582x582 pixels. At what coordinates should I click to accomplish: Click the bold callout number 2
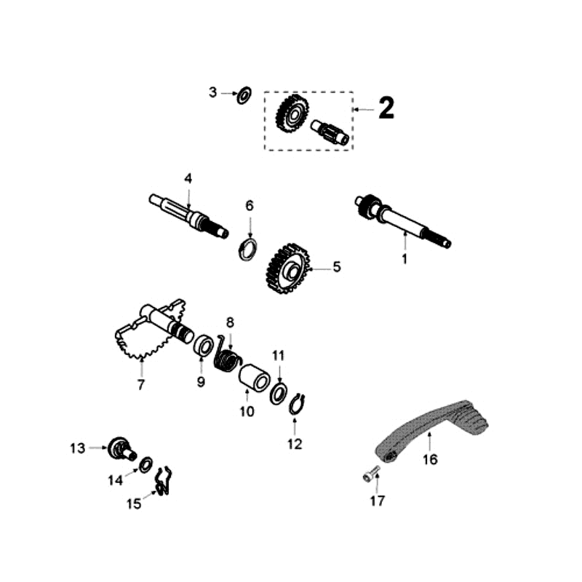pyautogui.click(x=386, y=109)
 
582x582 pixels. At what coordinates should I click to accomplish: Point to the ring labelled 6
pyautogui.click(x=249, y=248)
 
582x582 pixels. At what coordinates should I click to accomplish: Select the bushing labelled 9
pyautogui.click(x=202, y=343)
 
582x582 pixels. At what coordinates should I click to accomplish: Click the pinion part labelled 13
pyautogui.click(x=119, y=448)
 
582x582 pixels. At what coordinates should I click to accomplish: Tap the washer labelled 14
pyautogui.click(x=145, y=463)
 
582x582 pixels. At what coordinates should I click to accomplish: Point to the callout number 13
pyautogui.click(x=78, y=448)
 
